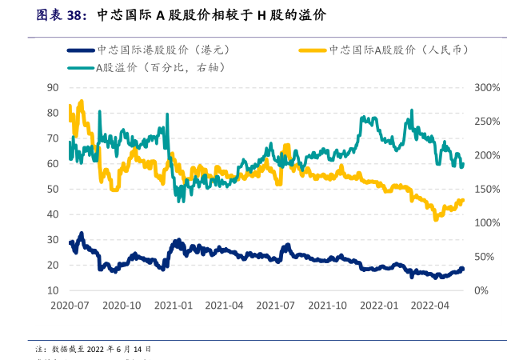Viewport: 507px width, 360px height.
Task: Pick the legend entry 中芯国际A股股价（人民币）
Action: (x=397, y=50)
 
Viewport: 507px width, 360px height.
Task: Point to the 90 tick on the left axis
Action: (x=54, y=87)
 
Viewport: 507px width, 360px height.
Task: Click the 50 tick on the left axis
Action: (x=54, y=189)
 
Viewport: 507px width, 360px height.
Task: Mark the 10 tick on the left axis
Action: (x=54, y=290)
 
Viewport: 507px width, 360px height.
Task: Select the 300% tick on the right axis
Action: (x=486, y=87)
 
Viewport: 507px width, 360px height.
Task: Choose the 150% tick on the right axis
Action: (x=486, y=189)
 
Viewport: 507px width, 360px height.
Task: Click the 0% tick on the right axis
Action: (x=481, y=290)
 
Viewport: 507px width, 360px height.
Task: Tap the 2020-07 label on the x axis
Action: (x=70, y=306)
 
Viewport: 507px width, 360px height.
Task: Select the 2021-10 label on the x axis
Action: (x=327, y=306)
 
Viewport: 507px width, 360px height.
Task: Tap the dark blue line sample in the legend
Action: (x=79, y=50)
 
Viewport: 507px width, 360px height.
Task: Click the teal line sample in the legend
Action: (x=79, y=67)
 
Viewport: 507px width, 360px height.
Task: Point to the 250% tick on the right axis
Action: (x=486, y=121)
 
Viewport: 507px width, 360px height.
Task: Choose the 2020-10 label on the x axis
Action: (x=123, y=306)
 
